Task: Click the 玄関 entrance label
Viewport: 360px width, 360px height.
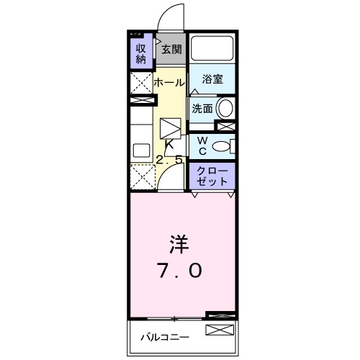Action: click(171, 50)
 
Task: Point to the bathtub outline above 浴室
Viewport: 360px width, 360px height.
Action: click(211, 49)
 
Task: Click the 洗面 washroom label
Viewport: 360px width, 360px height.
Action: click(202, 109)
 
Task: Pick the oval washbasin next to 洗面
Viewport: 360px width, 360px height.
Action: click(225, 109)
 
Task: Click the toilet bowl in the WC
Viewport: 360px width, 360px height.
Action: click(225, 146)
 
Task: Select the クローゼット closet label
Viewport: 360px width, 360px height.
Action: click(212, 175)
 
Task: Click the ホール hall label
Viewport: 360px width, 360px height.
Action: click(169, 82)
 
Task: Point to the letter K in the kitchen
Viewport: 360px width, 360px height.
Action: click(169, 145)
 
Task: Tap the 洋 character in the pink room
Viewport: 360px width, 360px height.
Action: click(180, 245)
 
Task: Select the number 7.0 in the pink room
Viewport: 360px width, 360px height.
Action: click(180, 271)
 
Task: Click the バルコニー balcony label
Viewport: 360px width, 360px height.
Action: click(164, 336)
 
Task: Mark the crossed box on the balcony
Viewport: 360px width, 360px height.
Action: click(220, 330)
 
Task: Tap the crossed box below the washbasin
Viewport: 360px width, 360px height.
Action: click(226, 127)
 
